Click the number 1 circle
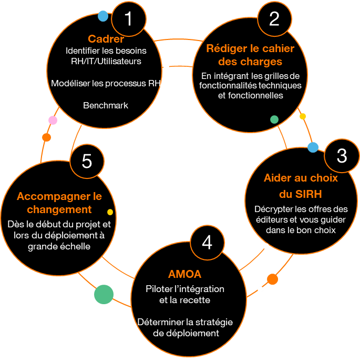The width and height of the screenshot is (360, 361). click(x=128, y=19)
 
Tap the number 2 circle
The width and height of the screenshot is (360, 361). click(x=274, y=19)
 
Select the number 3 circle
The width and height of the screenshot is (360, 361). click(x=342, y=156)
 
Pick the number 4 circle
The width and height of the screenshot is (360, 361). click(x=207, y=243)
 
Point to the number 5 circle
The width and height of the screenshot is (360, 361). click(x=87, y=161)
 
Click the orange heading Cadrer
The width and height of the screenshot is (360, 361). click(x=106, y=39)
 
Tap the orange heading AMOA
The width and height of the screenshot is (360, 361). click(x=185, y=275)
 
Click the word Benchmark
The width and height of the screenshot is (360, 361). click(x=106, y=105)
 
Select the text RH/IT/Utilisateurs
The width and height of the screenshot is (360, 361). click(x=106, y=61)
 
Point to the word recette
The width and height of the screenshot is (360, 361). click(x=195, y=300)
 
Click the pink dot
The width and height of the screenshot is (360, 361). click(x=53, y=121)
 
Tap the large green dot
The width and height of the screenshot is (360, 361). click(x=104, y=294)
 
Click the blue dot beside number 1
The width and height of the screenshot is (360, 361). click(x=103, y=16)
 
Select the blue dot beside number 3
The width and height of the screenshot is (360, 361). click(x=313, y=147)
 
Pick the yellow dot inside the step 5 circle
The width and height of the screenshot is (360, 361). click(x=110, y=212)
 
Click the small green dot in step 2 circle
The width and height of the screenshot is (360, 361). click(x=274, y=119)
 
